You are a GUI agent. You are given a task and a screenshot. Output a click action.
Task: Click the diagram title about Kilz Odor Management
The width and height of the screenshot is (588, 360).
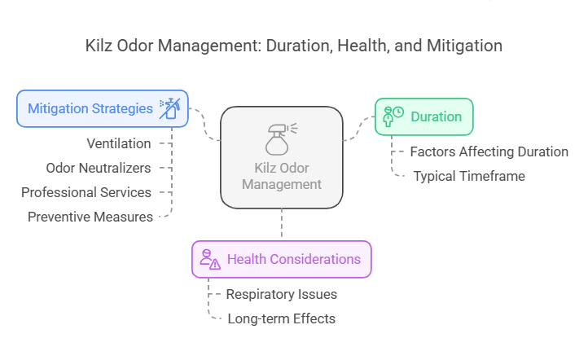point(294,46)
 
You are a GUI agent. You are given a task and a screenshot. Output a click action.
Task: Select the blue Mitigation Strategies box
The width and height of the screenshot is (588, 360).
point(103,108)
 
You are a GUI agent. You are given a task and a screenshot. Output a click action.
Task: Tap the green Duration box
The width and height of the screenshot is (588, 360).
point(423,116)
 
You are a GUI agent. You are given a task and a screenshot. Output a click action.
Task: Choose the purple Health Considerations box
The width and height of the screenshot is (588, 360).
point(281,260)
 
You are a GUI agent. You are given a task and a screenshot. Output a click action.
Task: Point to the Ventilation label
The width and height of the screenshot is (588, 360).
point(119,143)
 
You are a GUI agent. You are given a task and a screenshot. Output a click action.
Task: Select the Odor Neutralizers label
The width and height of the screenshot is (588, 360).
point(98,168)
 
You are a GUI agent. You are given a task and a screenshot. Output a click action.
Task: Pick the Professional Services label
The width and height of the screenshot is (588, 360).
point(86,192)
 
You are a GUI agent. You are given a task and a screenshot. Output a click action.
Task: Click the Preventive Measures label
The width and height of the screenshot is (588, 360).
point(90,217)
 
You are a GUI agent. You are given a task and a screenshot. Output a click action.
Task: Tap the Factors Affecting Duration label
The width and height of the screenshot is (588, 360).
point(489,151)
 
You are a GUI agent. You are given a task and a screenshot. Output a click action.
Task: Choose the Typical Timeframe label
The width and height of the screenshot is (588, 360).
point(469,176)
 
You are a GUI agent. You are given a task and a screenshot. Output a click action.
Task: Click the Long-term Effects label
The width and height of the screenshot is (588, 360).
point(281,318)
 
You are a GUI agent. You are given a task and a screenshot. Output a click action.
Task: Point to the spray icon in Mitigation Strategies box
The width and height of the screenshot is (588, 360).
point(169,108)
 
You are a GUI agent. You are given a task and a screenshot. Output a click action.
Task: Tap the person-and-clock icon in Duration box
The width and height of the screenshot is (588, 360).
point(394,116)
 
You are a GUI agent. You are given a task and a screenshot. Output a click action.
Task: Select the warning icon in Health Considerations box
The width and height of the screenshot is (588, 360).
point(210,260)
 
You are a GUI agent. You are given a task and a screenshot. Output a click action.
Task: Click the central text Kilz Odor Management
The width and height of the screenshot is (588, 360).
point(281,176)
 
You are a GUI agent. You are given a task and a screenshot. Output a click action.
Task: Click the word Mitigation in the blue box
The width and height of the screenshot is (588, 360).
point(59,108)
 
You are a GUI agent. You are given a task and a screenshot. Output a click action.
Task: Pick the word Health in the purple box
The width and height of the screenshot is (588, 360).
point(246,260)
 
